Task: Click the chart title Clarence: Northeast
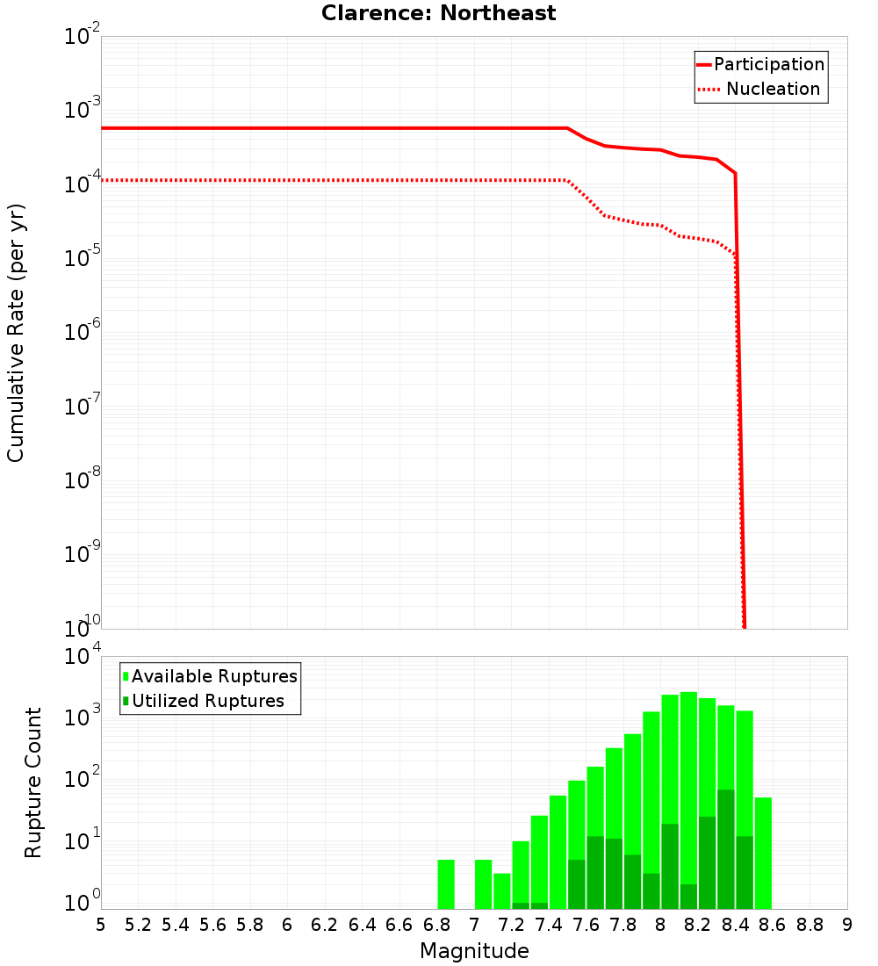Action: [x=438, y=13]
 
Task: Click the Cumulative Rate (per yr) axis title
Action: [x=16, y=334]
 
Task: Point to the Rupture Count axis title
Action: [x=33, y=782]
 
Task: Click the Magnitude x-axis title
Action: [x=474, y=951]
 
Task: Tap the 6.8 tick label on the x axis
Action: [x=436, y=925]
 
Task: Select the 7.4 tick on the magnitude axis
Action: [x=549, y=925]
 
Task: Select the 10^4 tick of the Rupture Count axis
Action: [x=83, y=657]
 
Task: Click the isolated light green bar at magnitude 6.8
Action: [x=446, y=884]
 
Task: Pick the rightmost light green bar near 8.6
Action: [x=763, y=853]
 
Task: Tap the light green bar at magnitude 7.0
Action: [x=483, y=884]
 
